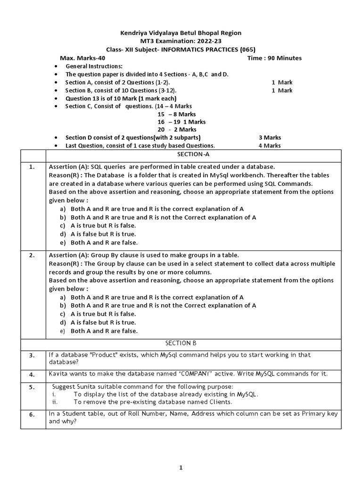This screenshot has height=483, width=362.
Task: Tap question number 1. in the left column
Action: pyautogui.click(x=32, y=167)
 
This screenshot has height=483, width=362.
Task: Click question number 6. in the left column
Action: pyautogui.click(x=32, y=415)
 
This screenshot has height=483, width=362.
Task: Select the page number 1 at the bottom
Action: pyautogui.click(x=181, y=467)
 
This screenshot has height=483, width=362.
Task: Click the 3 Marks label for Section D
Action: pyautogui.click(x=270, y=137)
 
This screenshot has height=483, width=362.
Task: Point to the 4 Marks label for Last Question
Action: pyautogui.click(x=270, y=146)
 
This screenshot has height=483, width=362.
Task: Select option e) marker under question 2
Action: pyautogui.click(x=63, y=331)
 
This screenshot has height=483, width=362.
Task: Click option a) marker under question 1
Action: pyautogui.click(x=63, y=209)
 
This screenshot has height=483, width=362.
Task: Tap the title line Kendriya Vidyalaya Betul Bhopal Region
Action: pyautogui.click(x=181, y=33)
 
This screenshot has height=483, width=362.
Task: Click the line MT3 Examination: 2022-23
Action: pyautogui.click(x=181, y=41)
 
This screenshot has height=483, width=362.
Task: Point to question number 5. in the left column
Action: pyautogui.click(x=32, y=387)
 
